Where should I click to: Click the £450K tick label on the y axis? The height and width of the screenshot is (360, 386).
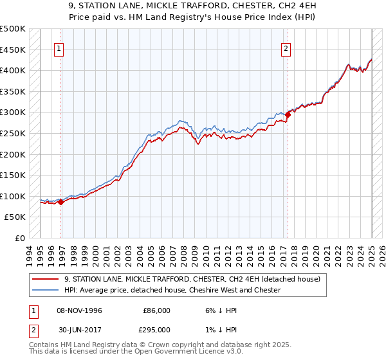point(13,50)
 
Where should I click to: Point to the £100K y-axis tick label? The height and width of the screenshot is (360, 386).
point(13,196)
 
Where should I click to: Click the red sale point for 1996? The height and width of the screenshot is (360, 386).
point(60,202)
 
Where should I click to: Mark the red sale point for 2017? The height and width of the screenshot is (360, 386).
point(288,115)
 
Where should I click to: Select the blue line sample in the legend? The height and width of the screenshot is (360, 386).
point(45,290)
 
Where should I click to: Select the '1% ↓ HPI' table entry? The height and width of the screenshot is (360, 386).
point(219,330)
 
